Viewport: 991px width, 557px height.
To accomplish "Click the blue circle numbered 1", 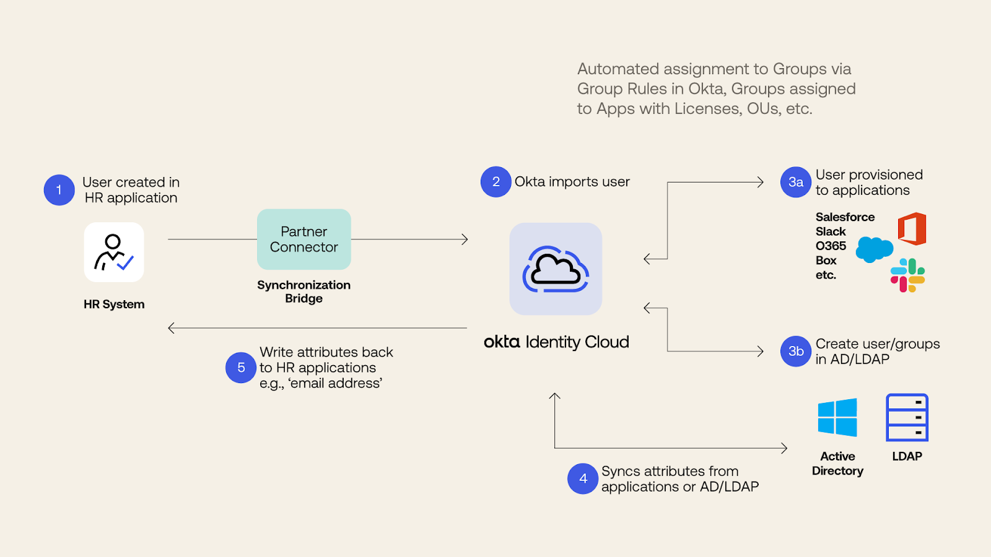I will (x=59, y=190).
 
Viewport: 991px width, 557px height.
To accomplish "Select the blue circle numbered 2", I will (x=495, y=182).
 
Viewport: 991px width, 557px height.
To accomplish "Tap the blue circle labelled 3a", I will (x=796, y=183).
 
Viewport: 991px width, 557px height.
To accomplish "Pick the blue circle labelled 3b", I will (x=796, y=352).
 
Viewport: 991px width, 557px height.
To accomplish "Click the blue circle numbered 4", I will (x=583, y=478).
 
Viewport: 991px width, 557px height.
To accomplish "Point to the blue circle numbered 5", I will (x=241, y=368).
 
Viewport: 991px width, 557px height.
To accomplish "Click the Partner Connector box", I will (x=304, y=240).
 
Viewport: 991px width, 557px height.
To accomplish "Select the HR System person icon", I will (x=114, y=253).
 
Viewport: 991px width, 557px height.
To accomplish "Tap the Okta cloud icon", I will (x=556, y=269).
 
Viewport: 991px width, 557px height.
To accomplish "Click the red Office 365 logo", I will (x=912, y=229).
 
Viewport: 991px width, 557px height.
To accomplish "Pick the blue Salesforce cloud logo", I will (x=874, y=249).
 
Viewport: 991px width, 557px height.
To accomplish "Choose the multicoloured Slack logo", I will (x=907, y=275).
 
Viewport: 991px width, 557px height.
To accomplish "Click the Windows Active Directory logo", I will (x=837, y=418).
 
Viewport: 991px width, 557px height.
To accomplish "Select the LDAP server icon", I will (x=907, y=418).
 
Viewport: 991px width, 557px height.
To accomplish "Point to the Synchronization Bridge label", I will (x=304, y=291).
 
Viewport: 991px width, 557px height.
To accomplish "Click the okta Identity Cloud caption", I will (x=556, y=342).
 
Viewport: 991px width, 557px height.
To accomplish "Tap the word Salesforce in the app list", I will (x=845, y=217).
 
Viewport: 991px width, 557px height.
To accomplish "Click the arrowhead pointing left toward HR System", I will (x=172, y=328).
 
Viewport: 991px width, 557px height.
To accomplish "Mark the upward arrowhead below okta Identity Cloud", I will (x=555, y=396).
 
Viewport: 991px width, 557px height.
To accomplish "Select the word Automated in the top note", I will (x=618, y=69).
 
